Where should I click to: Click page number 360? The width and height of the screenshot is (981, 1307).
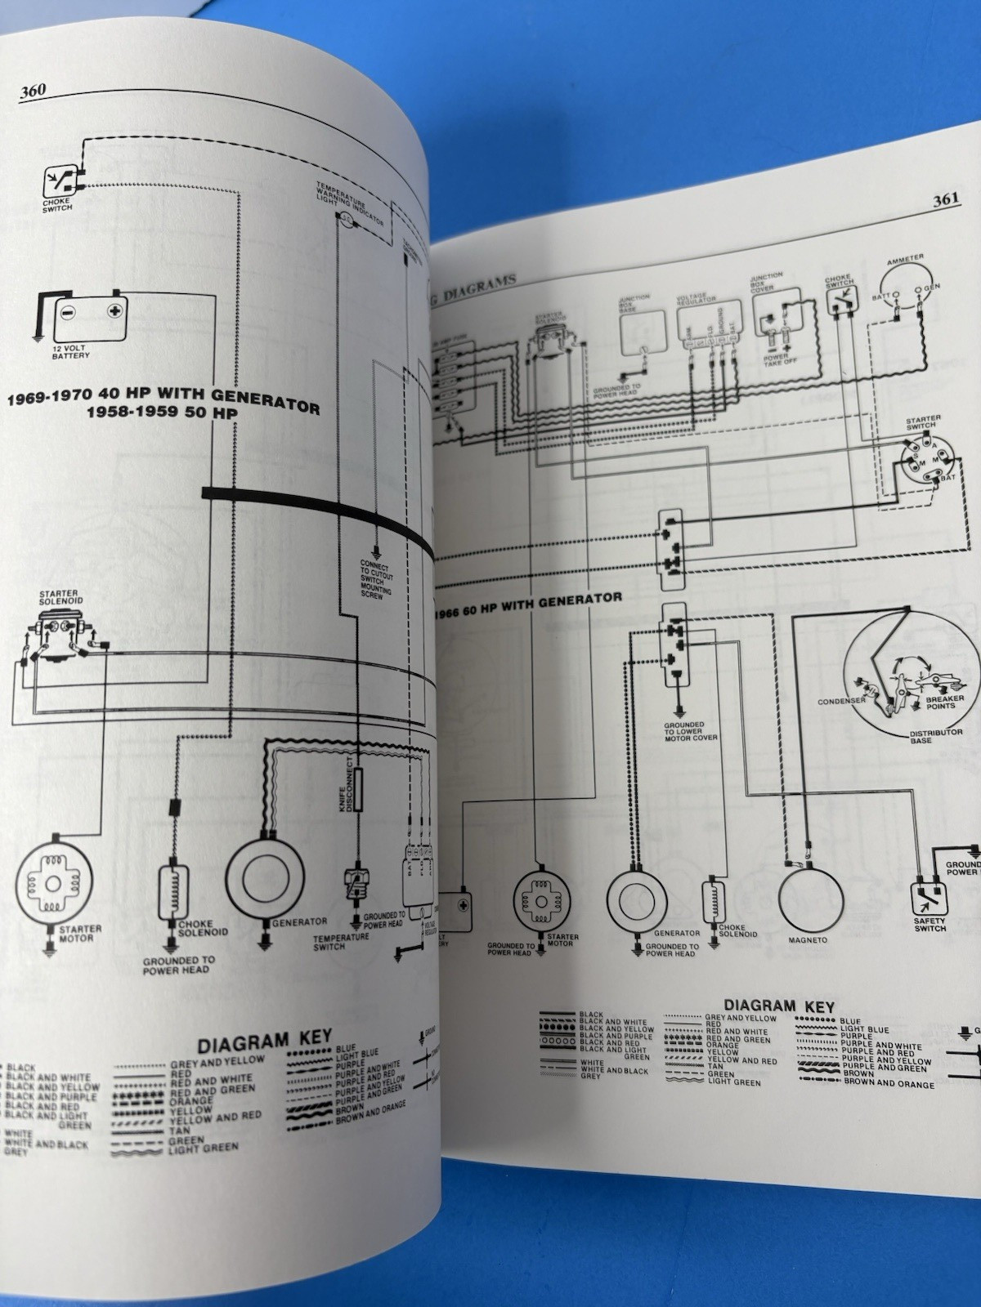(33, 91)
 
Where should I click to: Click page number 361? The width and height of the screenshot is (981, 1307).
(946, 199)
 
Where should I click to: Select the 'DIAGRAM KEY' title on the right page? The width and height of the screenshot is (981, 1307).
(778, 1006)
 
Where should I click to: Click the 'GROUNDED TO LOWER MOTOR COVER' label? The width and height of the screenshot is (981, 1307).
(690, 730)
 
